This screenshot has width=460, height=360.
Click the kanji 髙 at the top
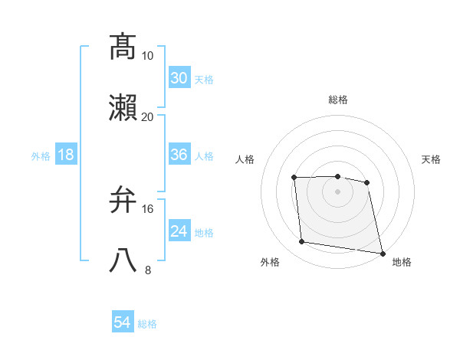[123, 47]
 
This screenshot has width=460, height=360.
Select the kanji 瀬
[123, 108]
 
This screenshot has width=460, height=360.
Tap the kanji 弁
[123, 201]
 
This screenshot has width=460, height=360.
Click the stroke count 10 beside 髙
[148, 56]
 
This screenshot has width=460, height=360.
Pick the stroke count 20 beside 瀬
[148, 116]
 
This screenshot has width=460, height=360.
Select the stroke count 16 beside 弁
[148, 208]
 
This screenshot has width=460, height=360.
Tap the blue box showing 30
[179, 78]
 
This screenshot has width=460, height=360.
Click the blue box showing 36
[179, 155]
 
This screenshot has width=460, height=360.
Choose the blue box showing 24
[179, 231]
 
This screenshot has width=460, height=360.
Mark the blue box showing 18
[66, 155]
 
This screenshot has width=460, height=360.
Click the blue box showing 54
[123, 323]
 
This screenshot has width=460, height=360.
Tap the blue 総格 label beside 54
[147, 324]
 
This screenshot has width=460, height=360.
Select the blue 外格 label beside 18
[41, 155]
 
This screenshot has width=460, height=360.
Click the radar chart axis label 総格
[338, 100]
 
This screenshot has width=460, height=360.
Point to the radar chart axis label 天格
[432, 159]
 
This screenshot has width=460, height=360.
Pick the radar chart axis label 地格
[402, 263]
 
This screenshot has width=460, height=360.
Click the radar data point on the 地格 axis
[382, 253]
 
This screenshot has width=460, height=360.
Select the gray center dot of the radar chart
[338, 191]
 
